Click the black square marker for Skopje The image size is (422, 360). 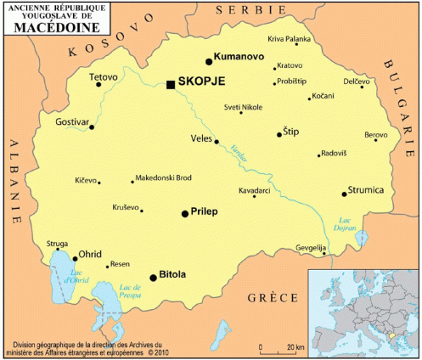pos(171,84)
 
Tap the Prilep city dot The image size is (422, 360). pos(184,213)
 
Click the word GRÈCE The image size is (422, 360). pos(272,297)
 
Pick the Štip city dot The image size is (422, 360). pos(279,134)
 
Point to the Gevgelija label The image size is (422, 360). pos(311,247)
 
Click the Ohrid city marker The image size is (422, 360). pos(73,256)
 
